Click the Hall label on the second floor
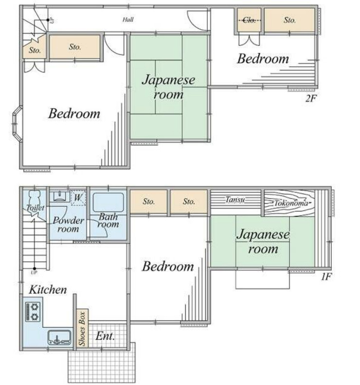tap(128, 19)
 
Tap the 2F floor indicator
tap(311, 99)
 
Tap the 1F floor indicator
tap(326, 277)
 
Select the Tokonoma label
tap(291, 203)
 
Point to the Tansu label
tap(235, 199)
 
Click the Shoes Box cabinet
tap(82, 328)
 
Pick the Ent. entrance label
tap(105, 336)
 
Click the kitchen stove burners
tap(33, 312)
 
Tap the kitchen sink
tap(59, 338)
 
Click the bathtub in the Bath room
tap(108, 202)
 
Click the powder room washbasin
tap(60, 196)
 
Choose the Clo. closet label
tap(249, 20)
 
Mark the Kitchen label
tap(48, 290)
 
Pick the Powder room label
tap(68, 225)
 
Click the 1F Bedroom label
tap(168, 267)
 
